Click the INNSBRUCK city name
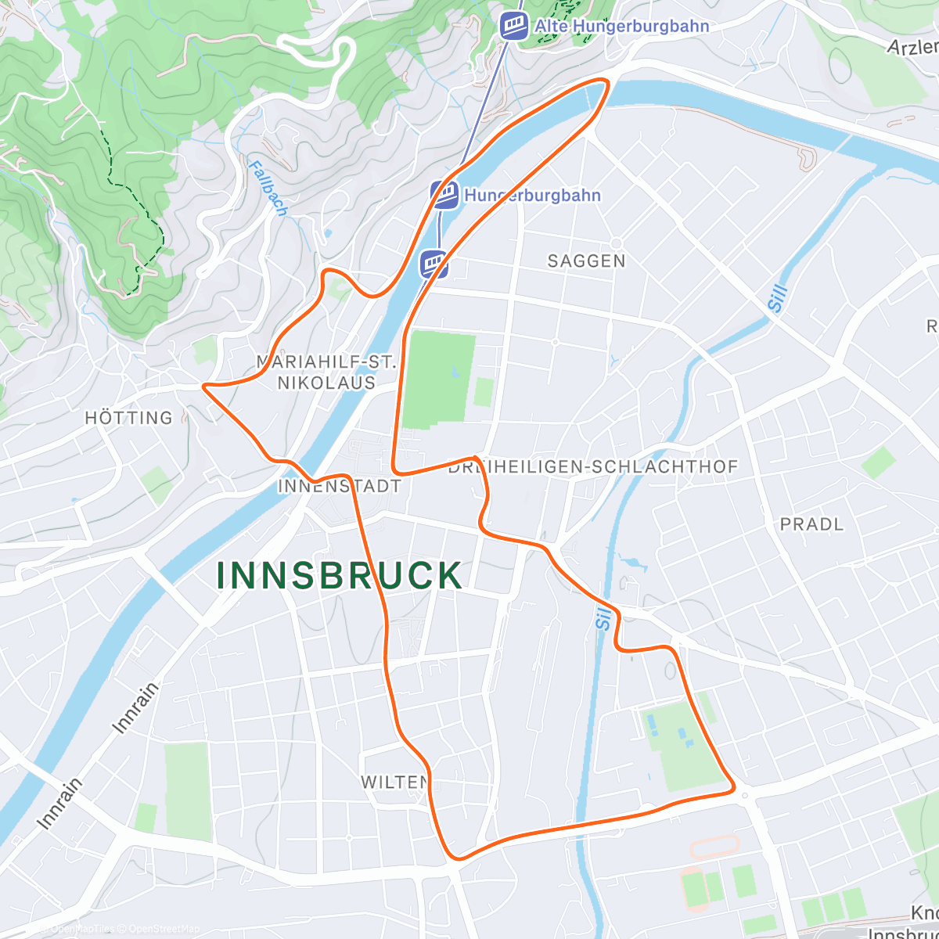(340, 576)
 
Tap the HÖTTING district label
(128, 418)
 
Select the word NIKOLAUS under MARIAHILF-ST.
(327, 383)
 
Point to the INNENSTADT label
(340, 486)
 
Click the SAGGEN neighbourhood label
(586, 261)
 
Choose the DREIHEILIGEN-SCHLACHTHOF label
(593, 467)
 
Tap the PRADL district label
(811, 524)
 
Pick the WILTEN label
(394, 782)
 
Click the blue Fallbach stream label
(268, 188)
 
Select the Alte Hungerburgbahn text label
(622, 26)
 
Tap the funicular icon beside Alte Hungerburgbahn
(514, 26)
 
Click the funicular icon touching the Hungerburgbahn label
(444, 195)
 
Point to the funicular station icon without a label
(434, 264)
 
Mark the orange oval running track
(713, 846)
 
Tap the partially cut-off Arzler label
(912, 47)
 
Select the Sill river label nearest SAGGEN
(776, 298)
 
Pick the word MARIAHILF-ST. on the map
(327, 362)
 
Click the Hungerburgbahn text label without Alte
(532, 195)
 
